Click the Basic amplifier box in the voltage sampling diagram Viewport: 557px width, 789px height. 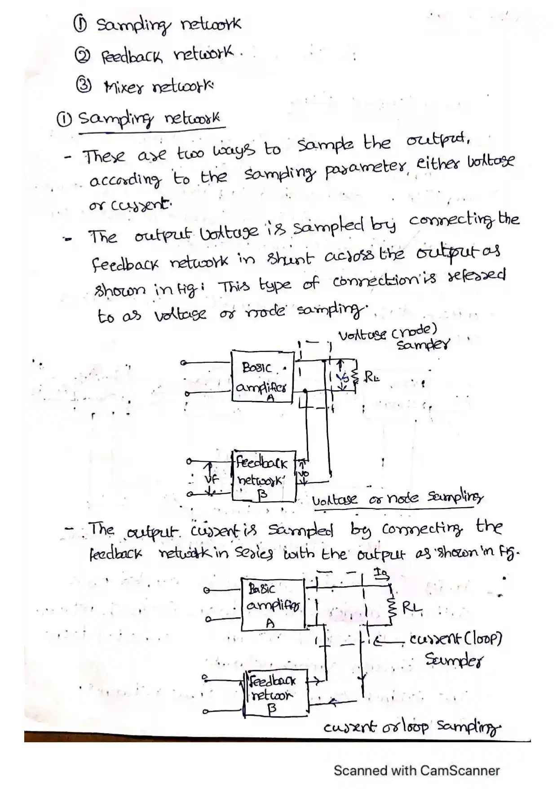(262, 377)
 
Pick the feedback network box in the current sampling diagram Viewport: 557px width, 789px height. (276, 693)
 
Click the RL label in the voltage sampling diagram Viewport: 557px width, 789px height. (371, 377)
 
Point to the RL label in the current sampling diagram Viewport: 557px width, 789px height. (412, 608)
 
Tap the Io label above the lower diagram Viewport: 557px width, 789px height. (381, 573)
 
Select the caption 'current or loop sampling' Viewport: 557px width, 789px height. (411, 727)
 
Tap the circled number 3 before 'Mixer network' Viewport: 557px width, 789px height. (84, 85)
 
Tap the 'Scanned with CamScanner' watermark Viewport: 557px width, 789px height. (416, 770)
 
